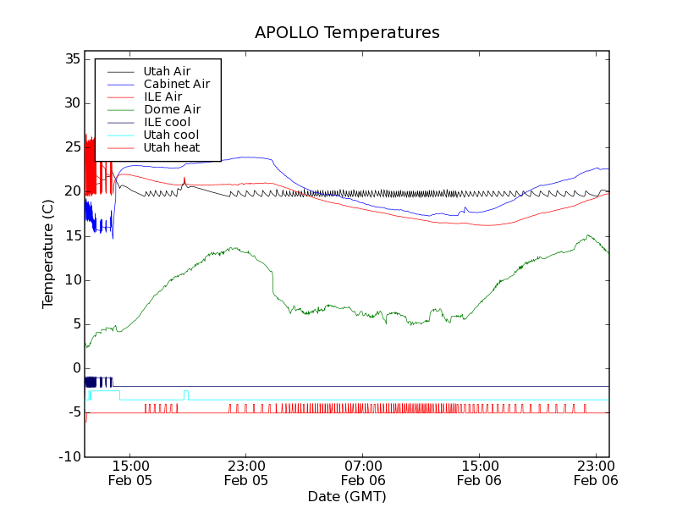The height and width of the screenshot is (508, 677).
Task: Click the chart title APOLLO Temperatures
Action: [x=347, y=33]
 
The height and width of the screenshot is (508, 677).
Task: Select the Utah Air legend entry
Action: [x=167, y=71]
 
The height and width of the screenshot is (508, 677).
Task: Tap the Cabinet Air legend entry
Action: [x=176, y=84]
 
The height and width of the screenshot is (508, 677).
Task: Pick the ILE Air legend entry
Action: [x=162, y=97]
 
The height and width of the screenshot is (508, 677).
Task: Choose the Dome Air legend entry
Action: [x=172, y=109]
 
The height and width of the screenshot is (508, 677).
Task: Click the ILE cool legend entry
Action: [x=167, y=122]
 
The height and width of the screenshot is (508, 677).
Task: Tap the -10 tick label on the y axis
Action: [x=69, y=457]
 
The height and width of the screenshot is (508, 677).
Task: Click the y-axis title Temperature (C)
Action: [x=48, y=258]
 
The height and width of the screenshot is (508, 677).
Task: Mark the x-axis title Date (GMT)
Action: [x=347, y=496]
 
